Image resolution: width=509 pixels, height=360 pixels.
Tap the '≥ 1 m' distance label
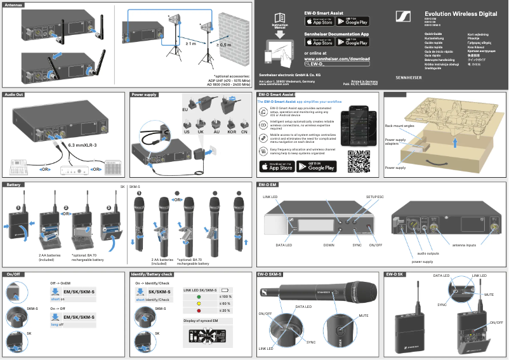191,44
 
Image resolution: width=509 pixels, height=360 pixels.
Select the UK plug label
201,132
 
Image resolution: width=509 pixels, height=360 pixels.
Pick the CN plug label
244,132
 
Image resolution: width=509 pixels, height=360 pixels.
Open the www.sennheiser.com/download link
337,58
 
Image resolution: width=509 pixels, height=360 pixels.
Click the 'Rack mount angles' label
400,126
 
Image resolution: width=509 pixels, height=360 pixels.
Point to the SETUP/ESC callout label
375,197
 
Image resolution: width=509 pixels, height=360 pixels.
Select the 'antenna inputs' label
468,245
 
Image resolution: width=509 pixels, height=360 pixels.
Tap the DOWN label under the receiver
329,245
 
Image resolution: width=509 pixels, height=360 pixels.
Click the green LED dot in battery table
198,297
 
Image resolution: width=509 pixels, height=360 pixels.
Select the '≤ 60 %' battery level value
225,303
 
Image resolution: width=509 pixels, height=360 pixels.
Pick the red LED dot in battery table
198,310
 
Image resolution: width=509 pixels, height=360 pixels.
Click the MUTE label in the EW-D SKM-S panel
364,315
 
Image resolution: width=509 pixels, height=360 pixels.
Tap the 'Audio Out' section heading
14,94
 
